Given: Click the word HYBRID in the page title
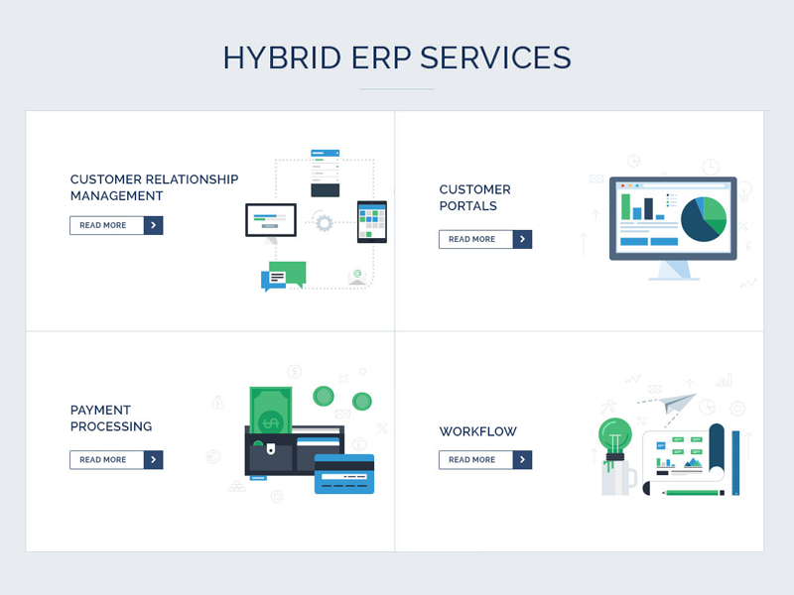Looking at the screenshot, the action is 283,58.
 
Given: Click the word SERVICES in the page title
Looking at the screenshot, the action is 495,58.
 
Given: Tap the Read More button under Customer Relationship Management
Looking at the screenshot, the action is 116,225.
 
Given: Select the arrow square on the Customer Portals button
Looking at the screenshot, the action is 522,239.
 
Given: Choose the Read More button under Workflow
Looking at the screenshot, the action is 485,460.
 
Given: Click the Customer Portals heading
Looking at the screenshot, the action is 475,197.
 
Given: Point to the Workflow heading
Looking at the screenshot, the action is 478,431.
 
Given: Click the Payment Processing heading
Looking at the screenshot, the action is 111,417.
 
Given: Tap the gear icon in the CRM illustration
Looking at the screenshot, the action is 325,222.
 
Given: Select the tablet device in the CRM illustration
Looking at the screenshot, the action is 372,222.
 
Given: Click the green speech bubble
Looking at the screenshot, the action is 288,275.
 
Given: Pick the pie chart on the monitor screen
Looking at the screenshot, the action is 704,219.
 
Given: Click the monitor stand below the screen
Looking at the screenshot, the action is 674,271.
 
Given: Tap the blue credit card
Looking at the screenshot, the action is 344,474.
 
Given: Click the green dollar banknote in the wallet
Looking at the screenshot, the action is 271,411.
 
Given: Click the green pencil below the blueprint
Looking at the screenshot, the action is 694,492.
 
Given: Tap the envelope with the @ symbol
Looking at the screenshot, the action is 357,278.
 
